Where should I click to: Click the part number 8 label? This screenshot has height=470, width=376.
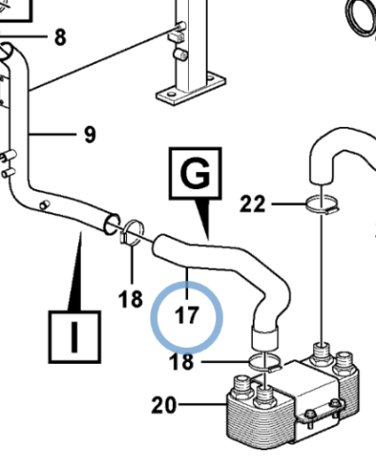click(60, 38)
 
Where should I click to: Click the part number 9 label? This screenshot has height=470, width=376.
click(90, 134)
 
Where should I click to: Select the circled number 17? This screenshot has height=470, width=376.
click(187, 315)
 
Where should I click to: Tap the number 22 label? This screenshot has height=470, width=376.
click(253, 204)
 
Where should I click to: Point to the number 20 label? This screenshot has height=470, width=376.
click(164, 405)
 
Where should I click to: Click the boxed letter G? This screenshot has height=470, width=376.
click(196, 173)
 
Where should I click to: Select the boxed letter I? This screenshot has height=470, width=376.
click(74, 337)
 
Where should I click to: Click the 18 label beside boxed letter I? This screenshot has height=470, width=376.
click(131, 299)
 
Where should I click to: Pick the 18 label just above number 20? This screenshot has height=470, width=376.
click(181, 362)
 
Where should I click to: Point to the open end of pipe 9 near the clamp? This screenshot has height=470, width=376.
click(112, 224)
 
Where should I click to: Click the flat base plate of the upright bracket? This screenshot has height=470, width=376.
click(191, 90)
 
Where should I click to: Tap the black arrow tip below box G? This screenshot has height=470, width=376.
click(208, 240)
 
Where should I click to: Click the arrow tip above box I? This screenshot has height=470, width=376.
click(81, 232)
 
